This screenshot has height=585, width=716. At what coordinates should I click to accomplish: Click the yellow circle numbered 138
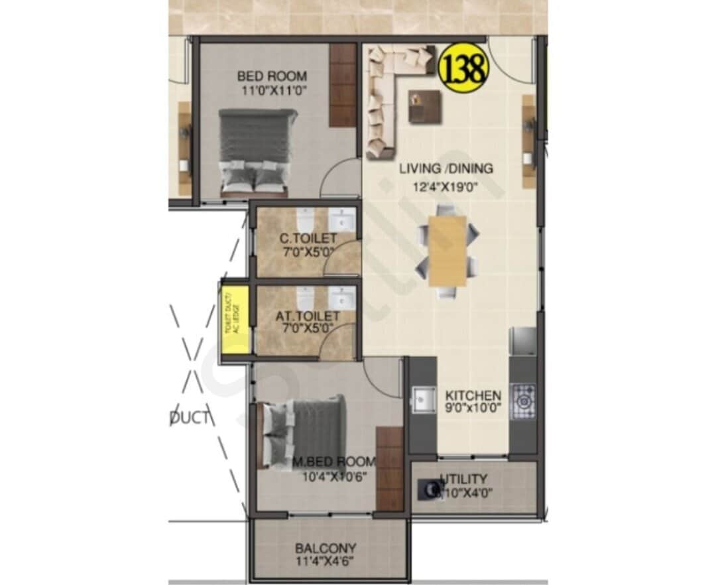[x=463, y=68]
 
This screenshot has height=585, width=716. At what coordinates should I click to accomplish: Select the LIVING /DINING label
[x=446, y=168]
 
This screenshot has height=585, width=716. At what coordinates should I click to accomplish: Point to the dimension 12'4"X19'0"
[x=446, y=187]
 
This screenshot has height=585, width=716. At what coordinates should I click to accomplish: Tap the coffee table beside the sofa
[x=424, y=107]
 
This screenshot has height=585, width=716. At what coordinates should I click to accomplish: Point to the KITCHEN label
[x=473, y=395]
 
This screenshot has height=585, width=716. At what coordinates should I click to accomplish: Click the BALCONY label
[x=326, y=549]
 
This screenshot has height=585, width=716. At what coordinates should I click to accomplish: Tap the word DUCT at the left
[x=190, y=418]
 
